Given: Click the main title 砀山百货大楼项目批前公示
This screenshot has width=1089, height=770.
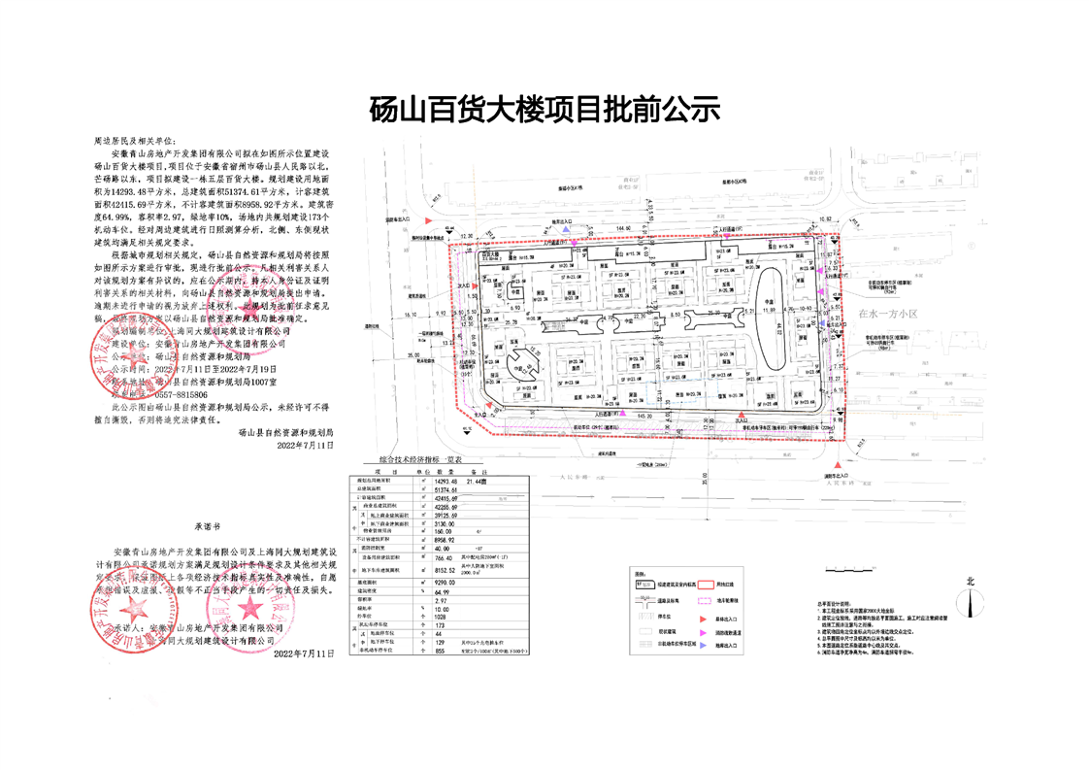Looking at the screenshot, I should tap(544, 110).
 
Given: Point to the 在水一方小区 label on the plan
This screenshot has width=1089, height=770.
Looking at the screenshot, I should tap(893, 314).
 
